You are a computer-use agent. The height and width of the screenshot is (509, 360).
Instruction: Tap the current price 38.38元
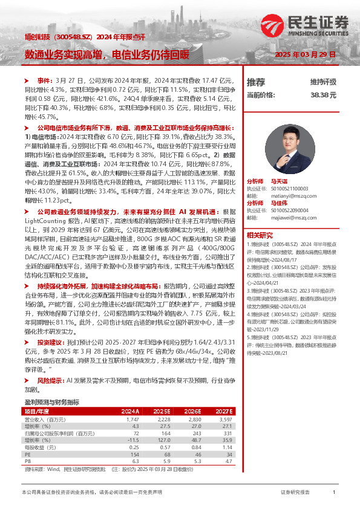pyautogui.click(x=323, y=96)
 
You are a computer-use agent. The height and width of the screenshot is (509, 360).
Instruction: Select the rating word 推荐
pyautogui.click(x=256, y=82)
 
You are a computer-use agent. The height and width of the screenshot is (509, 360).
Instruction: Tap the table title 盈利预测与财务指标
pyautogui.click(x=51, y=402)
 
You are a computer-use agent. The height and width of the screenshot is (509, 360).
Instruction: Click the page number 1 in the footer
pyautogui.click(x=334, y=493)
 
